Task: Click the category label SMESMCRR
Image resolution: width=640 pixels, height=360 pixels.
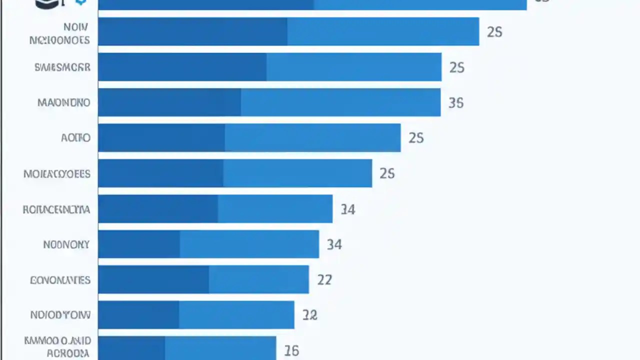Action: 62,67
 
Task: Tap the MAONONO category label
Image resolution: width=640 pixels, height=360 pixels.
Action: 64,102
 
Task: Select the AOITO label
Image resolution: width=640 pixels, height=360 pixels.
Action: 75,137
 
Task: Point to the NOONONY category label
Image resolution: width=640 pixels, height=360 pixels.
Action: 66,244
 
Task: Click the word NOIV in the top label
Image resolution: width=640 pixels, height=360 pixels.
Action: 76,27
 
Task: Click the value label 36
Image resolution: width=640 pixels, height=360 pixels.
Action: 456,102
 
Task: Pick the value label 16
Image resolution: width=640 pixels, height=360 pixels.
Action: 291,350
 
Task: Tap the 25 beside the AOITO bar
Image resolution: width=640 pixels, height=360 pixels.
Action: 416,137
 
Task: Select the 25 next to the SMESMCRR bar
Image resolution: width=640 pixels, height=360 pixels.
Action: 456,67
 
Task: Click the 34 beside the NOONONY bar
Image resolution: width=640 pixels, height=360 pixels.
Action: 334,244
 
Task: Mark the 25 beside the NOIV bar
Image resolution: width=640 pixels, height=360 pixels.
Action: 494,32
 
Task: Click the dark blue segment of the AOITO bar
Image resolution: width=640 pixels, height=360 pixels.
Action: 161,137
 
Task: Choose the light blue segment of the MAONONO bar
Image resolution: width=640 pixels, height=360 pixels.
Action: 340,102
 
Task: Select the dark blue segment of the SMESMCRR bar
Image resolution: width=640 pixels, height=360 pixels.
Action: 182,67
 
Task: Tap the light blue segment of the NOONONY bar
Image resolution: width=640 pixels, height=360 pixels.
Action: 249,244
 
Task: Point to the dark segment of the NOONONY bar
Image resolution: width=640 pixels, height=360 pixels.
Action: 139,244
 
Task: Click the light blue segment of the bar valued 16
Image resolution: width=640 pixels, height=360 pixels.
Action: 220,348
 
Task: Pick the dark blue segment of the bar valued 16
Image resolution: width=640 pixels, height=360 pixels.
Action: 131,348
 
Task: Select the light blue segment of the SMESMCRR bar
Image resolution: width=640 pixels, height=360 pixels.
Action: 353,67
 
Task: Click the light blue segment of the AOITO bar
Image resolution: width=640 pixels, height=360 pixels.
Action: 312,137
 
